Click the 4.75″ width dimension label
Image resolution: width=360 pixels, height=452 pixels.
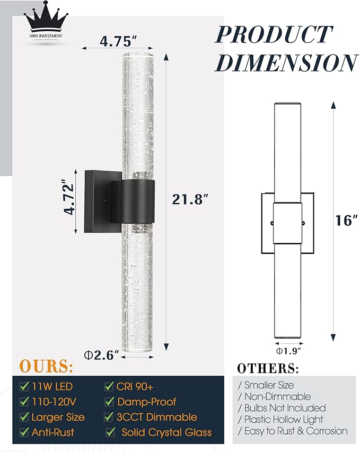coord(118,41)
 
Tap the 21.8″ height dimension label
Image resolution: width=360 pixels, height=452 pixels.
coord(190,199)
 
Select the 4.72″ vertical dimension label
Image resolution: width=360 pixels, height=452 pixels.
coord(69,197)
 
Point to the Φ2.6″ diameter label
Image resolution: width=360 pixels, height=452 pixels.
coord(101,355)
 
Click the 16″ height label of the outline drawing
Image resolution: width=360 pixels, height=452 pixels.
coord(346,220)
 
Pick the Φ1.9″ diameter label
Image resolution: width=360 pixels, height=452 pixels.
coord(288,351)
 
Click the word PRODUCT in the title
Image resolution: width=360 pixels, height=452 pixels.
coord(274,34)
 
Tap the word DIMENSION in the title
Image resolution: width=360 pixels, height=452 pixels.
coord(286,63)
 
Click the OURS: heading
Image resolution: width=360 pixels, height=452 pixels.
coord(46,366)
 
